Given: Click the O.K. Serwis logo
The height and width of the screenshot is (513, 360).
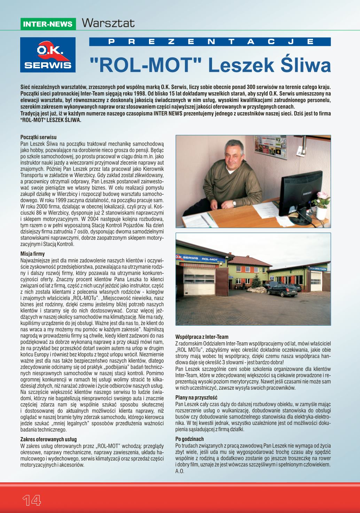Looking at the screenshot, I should point(48,55).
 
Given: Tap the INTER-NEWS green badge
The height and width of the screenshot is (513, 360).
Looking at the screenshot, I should point(48,24).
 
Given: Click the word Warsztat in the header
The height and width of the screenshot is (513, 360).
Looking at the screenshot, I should point(108,23).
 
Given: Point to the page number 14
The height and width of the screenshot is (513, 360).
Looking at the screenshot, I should point(32,500).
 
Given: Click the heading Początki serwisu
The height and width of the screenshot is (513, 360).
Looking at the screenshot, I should point(38,138).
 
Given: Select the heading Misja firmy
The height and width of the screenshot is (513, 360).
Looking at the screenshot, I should point(33,254).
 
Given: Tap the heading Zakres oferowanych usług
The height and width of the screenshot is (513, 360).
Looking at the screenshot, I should point(49,440).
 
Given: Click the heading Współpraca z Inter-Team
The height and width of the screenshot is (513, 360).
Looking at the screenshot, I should point(202,337).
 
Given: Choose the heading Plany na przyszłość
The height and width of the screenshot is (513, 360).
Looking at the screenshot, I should point(196,397).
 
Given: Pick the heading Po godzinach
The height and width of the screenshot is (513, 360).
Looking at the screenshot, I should point(190,439).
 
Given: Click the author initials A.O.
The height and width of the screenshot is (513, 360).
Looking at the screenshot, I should point(180,472).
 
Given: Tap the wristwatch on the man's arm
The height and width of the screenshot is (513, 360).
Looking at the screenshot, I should point(235,203).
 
